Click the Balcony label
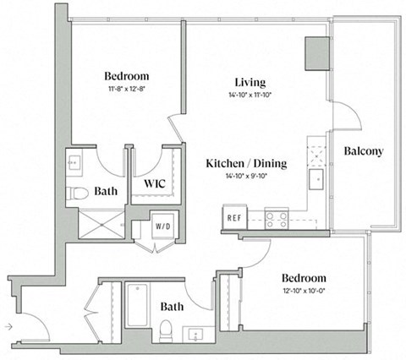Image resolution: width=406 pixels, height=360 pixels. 365,152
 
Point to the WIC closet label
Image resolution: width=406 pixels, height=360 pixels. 154,183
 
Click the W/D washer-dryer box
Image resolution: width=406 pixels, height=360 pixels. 162,226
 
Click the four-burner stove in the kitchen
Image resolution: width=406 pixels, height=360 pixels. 277,219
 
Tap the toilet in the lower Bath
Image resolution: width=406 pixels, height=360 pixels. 167,328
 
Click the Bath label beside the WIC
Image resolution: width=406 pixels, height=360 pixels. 106,192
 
